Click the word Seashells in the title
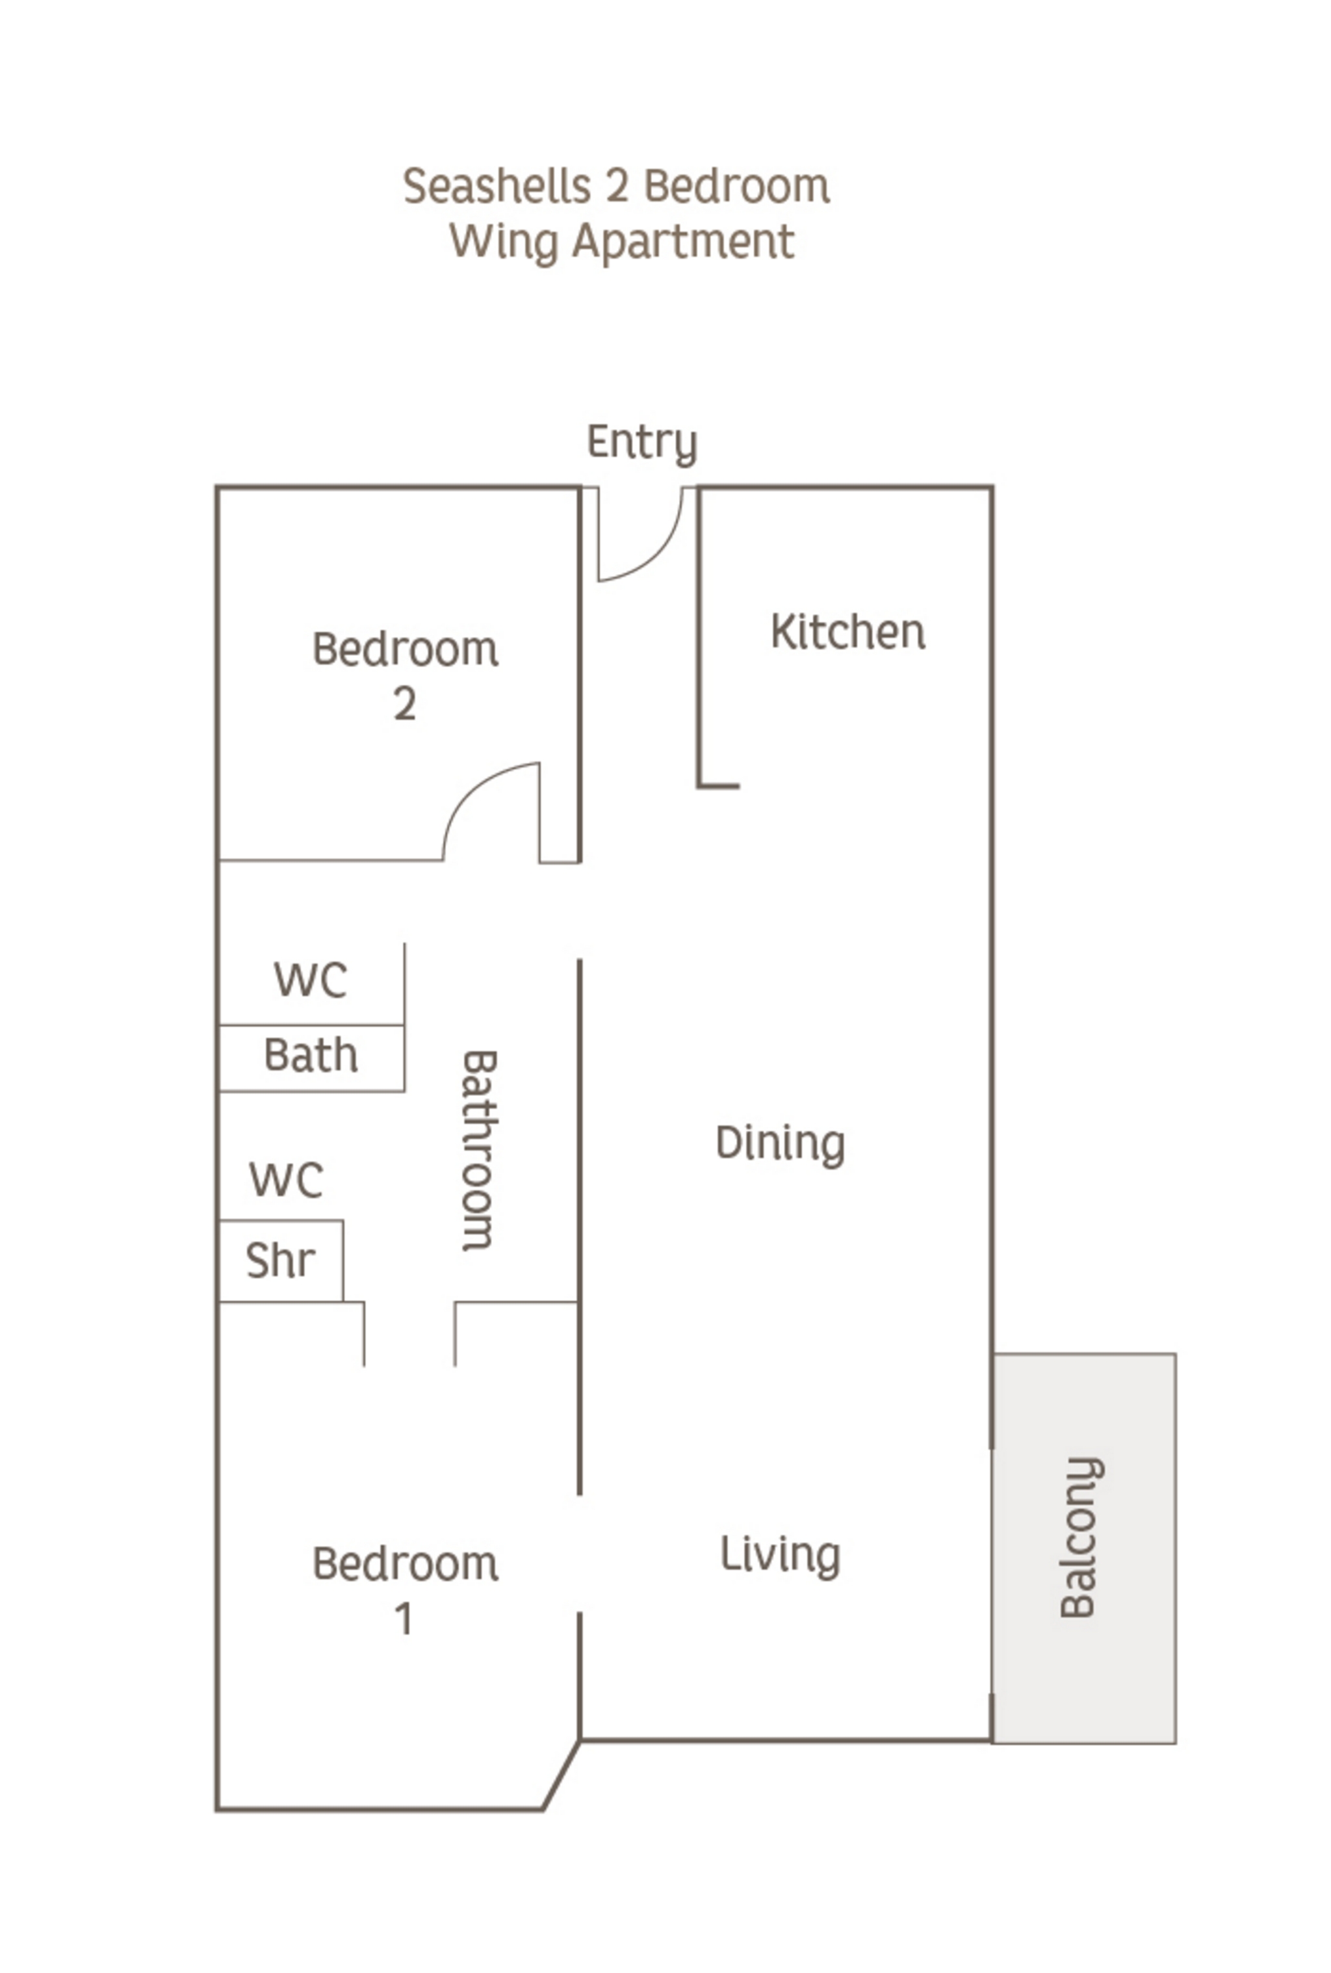[x=497, y=187]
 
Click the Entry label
[x=641, y=442]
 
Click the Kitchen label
[x=847, y=633]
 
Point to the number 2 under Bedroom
[x=405, y=704]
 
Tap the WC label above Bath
[x=310, y=980]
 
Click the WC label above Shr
[x=286, y=1180]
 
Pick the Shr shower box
[x=280, y=1261]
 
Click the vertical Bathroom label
[x=477, y=1151]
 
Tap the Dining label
[x=779, y=1143]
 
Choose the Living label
[x=779, y=1555]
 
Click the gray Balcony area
[x=1083, y=1545]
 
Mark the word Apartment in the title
[x=683, y=242]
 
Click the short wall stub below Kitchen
[x=719, y=786]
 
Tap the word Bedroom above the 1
[x=405, y=1564]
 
